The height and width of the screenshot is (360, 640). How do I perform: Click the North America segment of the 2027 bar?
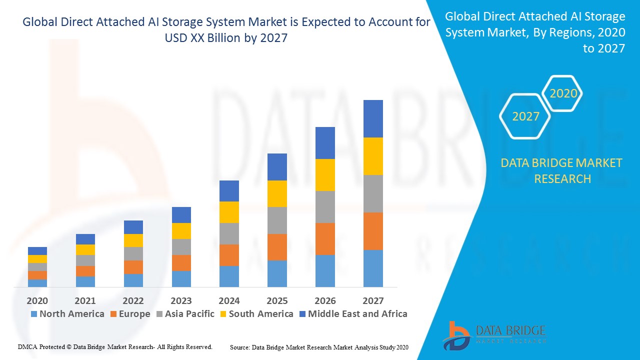pos(373,268)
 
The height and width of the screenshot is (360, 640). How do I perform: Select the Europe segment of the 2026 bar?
pos(325,239)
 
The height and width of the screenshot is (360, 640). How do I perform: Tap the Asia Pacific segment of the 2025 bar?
pos(277,220)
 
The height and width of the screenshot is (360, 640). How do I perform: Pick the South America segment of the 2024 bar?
pos(229,212)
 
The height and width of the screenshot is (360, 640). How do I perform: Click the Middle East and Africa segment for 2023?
pos(181,215)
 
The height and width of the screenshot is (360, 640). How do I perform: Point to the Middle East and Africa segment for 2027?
pos(373,118)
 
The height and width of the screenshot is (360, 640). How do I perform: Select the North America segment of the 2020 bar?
pos(37,283)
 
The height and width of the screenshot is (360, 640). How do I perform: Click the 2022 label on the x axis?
pos(133,300)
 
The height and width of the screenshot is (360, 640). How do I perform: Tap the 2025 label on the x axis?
pos(277,300)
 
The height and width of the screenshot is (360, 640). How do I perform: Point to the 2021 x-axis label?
pos(85,300)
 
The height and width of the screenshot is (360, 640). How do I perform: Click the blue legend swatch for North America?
pos(34,314)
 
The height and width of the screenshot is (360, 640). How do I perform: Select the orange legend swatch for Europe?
pos(113,314)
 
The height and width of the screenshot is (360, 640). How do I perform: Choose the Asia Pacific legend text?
pos(189,314)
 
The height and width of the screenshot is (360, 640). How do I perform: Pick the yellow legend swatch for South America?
pos(223,314)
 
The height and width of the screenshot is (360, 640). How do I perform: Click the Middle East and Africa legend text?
pos(357,314)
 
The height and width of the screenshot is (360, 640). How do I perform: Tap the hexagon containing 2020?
pos(562,93)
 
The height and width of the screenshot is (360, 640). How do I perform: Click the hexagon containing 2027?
pos(525,116)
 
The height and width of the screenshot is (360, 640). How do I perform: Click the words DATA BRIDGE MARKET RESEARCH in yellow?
pos(562,170)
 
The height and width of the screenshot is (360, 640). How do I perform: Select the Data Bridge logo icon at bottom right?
pos(456,335)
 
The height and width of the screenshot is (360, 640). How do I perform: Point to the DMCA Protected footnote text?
pos(115,346)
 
